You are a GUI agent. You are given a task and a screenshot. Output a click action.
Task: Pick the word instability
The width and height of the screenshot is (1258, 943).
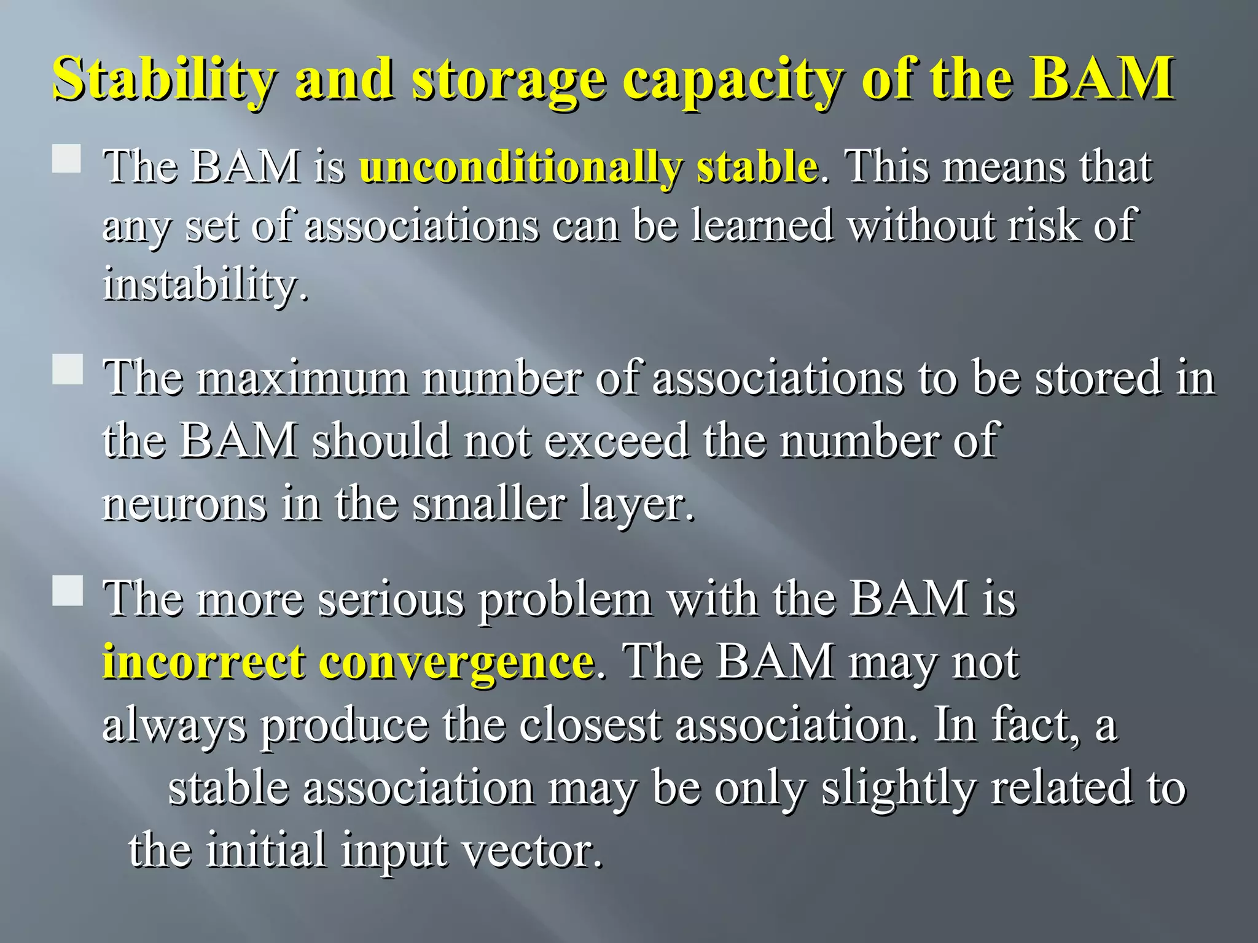pos(205,285)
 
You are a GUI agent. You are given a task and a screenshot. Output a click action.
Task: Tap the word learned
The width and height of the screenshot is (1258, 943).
pos(762,225)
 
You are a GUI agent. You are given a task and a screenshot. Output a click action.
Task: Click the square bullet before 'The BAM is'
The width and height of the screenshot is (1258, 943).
pos(66,158)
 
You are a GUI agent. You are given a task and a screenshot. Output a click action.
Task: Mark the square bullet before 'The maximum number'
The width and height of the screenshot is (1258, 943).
pos(66,370)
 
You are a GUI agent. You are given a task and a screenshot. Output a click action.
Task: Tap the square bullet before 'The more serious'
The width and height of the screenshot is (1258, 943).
pos(66,591)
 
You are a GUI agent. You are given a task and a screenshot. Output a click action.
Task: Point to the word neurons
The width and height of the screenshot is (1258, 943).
pos(184,505)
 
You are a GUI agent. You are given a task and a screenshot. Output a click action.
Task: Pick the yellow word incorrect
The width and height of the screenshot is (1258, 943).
pos(203,662)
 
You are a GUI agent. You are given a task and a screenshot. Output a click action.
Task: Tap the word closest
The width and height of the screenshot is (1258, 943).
pos(590,726)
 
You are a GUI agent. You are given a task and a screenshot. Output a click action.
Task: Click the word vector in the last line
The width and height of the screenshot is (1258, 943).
pos(531,851)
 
